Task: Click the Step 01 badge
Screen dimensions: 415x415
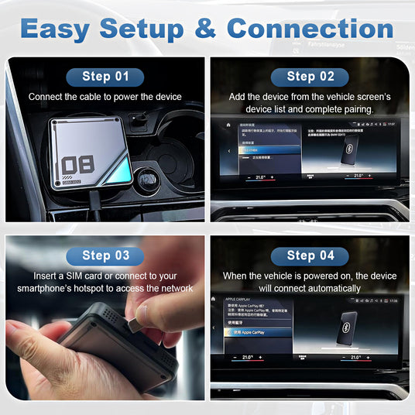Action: [105, 76]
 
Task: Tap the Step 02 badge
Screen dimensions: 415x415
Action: [311, 76]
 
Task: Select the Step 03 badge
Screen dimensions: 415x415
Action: [105, 256]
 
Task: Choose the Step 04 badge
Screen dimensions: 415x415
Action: [311, 256]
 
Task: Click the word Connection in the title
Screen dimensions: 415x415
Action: [310, 29]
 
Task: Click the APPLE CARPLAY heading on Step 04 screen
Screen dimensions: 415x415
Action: [241, 297]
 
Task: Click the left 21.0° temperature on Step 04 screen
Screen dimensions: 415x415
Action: [247, 358]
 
